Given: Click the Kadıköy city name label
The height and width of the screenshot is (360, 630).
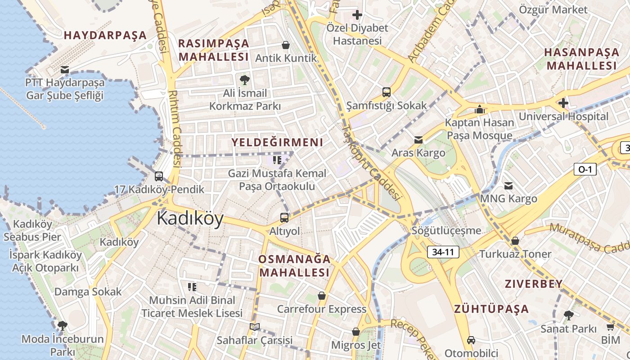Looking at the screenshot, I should point(190,219).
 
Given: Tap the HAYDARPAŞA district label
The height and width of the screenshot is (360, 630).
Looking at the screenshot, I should point(105,35).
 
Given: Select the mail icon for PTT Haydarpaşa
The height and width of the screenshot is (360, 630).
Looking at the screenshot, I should point(65,70).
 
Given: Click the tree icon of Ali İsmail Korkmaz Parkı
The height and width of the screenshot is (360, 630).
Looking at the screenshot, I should point(245,80).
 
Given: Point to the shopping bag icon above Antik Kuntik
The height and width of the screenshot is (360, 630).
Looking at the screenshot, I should point(285,45).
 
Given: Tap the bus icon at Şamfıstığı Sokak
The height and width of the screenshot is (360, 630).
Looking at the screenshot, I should point(386,92).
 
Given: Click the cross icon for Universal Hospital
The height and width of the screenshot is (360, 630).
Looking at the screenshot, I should point(563,103).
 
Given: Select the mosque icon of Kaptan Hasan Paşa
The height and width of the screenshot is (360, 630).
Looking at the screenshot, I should point(479,109).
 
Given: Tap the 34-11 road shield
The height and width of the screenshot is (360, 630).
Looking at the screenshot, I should point(443,252).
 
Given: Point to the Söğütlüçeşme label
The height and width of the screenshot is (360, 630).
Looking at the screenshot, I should point(446,231).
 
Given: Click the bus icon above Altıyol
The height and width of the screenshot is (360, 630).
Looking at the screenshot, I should point(284,218).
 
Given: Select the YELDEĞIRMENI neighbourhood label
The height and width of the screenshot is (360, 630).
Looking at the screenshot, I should point(277,143).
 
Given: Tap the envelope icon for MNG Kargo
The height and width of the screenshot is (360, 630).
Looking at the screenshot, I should point(508,185).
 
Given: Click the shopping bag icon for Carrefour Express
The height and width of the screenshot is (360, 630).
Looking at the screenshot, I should point(321,296).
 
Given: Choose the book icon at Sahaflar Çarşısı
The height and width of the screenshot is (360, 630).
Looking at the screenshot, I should point(255,327).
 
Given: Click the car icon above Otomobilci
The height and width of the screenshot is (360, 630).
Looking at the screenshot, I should point(471,340).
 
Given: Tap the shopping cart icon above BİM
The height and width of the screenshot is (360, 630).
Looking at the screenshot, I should point(610,327).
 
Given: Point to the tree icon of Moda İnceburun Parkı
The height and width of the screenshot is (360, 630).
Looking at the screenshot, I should point(62,326).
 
